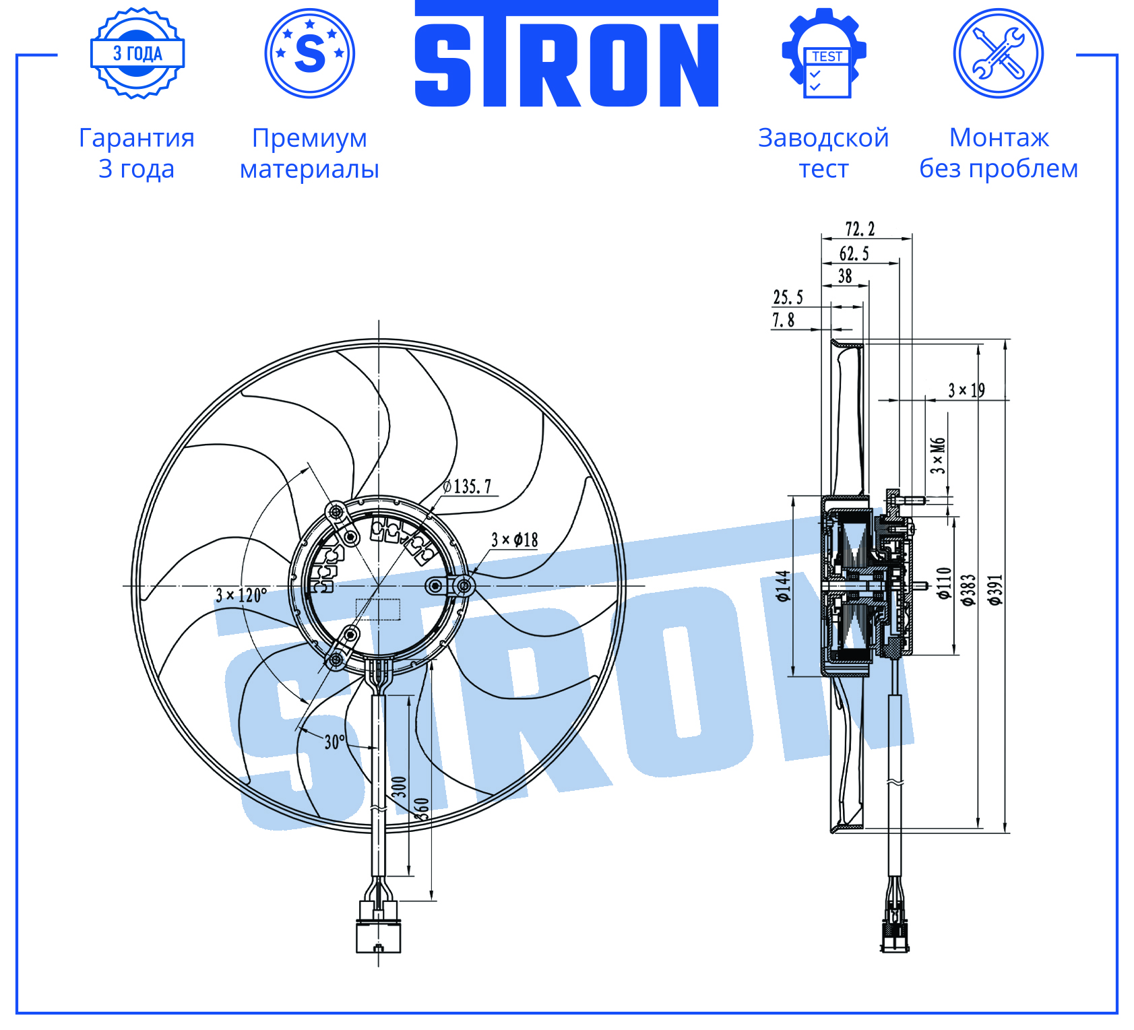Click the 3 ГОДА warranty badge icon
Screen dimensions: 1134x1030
point(137,53)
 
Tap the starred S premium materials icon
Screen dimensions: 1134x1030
point(310,53)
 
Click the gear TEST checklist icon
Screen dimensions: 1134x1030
point(824,53)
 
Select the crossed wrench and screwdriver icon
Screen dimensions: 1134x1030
point(999,53)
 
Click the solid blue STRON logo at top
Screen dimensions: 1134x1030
point(567,54)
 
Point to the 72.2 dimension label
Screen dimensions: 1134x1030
point(860,229)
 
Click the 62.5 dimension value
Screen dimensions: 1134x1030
point(854,254)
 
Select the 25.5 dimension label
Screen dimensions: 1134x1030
point(788,297)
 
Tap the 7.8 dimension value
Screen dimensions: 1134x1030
point(783,320)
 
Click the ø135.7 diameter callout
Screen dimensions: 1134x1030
point(467,486)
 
